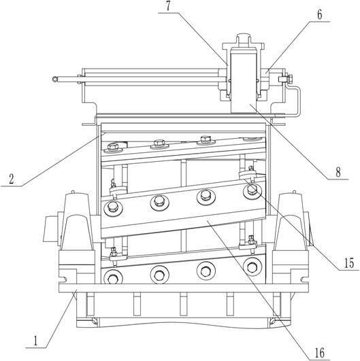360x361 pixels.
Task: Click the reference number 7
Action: pos(168,6)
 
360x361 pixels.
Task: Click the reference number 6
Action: pos(320,15)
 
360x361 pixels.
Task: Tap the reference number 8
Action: pos(338,172)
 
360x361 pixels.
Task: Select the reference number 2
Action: pos(12,179)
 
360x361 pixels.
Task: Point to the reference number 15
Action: pos(349,263)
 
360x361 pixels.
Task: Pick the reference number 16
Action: pos(320,353)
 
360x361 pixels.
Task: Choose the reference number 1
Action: pos(35,341)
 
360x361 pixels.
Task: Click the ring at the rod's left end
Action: pos(55,79)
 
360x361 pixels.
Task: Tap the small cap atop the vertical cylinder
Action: pos(243,37)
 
